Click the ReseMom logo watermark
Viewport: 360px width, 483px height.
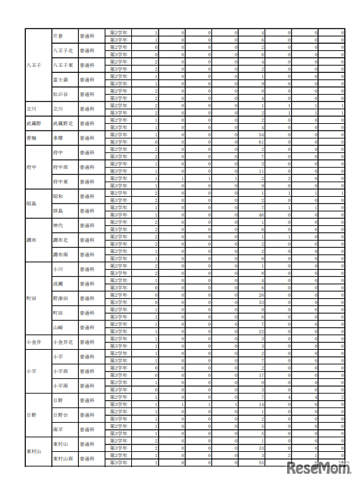(x=318, y=468)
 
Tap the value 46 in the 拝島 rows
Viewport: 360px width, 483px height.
(x=262, y=215)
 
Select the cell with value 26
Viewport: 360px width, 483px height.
(x=262, y=295)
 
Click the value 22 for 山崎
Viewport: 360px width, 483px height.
(x=262, y=331)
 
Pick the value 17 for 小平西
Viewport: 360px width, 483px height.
(x=262, y=375)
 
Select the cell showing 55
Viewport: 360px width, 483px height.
(x=262, y=462)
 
